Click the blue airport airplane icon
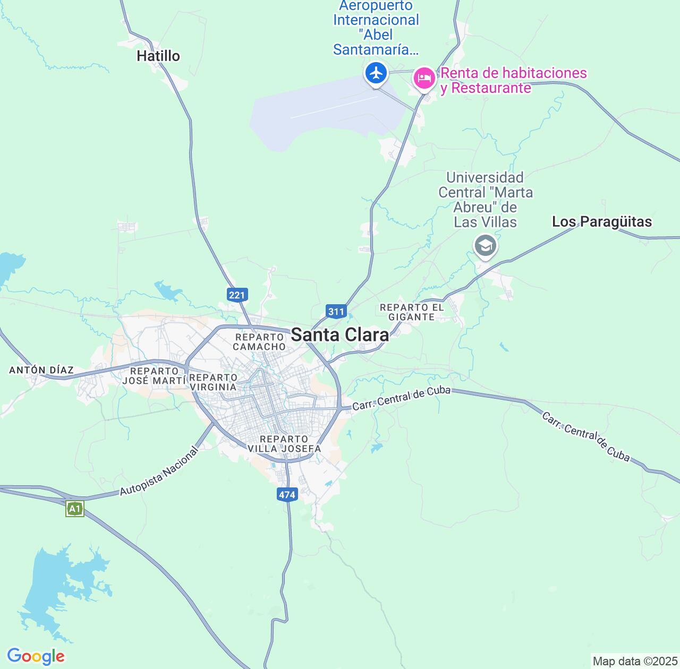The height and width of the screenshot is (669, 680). pos(377,73)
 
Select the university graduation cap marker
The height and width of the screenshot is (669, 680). pos(485,246)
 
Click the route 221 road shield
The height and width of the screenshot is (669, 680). pos(237,294)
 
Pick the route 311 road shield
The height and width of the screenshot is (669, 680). pos(336,312)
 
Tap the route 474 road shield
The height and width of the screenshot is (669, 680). pos(286,495)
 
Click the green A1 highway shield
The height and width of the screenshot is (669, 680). pos(75,509)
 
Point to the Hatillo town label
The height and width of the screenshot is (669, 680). pos(158,56)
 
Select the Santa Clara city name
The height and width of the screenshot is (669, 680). pos(340,335)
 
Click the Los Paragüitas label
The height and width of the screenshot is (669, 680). pos(602,221)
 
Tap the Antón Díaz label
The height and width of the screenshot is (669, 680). pos(41,370)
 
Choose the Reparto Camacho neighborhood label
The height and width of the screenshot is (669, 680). pos(259,342)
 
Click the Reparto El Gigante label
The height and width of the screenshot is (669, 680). pos(412,312)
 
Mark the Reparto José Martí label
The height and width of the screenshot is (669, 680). pos(154,376)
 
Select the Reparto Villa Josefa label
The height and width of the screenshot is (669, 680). pos(284,444)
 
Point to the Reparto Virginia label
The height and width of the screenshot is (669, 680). pos(213,382)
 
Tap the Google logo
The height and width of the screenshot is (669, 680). pos(36,656)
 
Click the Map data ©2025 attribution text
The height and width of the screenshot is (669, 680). pos(635,662)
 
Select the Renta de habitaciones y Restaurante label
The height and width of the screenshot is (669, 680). pos(513,80)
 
